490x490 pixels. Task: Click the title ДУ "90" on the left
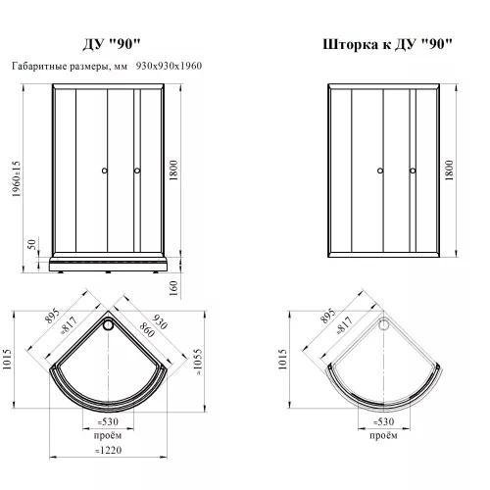pyautogui.click(x=112, y=44)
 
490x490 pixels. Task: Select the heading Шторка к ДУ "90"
pyautogui.click(x=387, y=44)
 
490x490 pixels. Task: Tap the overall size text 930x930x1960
pyautogui.click(x=169, y=66)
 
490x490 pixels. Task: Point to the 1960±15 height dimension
pyautogui.click(x=17, y=178)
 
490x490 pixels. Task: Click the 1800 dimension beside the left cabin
pyautogui.click(x=173, y=171)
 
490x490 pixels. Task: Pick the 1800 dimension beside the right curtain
pyautogui.click(x=449, y=171)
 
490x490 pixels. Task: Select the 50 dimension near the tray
pyautogui.click(x=31, y=244)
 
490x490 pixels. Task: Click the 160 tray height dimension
pyautogui.click(x=173, y=288)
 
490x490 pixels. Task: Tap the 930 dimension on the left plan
pyautogui.click(x=160, y=321)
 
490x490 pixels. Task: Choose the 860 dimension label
pyautogui.click(x=147, y=330)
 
